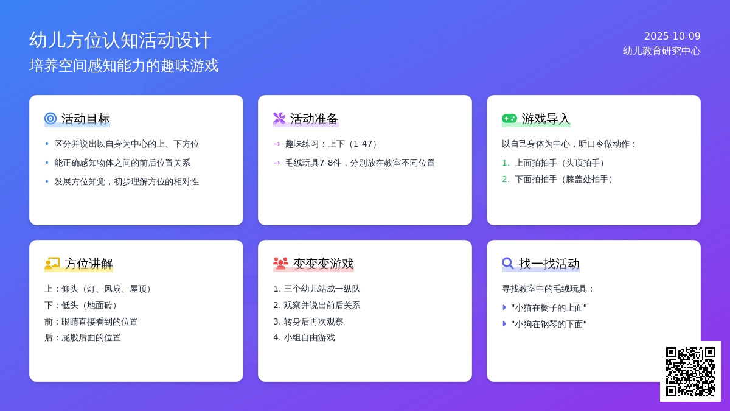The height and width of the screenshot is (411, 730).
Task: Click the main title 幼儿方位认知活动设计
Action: click(120, 40)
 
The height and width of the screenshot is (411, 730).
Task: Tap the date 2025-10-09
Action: click(672, 36)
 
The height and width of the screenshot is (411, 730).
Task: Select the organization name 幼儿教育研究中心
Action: click(661, 51)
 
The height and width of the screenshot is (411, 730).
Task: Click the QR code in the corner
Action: click(690, 371)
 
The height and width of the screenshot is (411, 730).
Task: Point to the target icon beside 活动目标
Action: click(50, 119)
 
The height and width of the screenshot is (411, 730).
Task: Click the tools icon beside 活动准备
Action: click(279, 119)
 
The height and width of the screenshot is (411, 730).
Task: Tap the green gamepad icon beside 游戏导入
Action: click(509, 119)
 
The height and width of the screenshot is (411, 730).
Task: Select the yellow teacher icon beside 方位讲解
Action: click(52, 264)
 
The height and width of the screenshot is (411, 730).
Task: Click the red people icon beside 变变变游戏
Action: click(280, 264)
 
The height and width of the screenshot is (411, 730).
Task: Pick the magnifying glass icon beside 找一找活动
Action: click(508, 264)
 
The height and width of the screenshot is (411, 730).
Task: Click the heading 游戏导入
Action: click(546, 119)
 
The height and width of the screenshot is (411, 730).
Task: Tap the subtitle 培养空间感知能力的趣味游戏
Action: click(124, 66)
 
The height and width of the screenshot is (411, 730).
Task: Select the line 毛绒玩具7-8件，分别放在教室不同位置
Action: click(360, 163)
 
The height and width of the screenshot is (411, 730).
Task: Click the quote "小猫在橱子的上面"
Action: click(549, 308)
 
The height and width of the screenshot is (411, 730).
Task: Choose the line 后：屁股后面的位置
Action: click(83, 337)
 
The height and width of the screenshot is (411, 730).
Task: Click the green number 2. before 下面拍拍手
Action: click(506, 179)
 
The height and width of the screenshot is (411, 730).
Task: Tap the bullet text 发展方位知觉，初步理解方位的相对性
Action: click(127, 181)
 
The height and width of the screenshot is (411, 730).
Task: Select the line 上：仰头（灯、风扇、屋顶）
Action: click(99, 289)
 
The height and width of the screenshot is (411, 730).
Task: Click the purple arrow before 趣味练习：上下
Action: click(277, 144)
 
